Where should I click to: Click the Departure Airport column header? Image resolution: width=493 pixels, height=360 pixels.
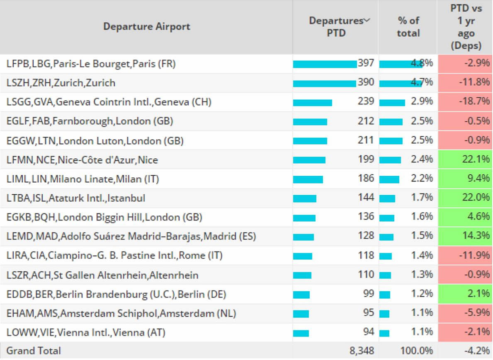coord(146,27)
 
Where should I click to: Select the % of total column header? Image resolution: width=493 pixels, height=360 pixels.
coord(408,27)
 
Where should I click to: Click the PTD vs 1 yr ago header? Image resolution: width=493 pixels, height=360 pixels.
coord(466,27)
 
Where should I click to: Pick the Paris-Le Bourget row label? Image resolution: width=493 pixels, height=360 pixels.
coord(91,64)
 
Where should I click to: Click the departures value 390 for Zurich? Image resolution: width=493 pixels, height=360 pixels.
coord(366,82)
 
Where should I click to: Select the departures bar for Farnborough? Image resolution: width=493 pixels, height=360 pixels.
coord(310,122)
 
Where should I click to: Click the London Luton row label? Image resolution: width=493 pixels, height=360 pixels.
coord(95,141)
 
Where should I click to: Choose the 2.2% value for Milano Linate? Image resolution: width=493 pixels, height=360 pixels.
coord(422,179)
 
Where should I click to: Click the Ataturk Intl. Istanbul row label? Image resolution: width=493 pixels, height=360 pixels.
coord(76,198)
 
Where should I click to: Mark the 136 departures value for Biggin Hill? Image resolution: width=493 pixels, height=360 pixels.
coord(366,217)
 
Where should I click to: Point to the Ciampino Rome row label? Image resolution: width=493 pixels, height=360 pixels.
coord(114,256)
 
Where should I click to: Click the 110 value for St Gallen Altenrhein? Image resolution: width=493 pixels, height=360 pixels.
coord(366,274)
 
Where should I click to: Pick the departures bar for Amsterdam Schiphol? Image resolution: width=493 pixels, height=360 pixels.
coord(301,314)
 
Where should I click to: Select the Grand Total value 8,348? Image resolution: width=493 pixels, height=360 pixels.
coord(361,351)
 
